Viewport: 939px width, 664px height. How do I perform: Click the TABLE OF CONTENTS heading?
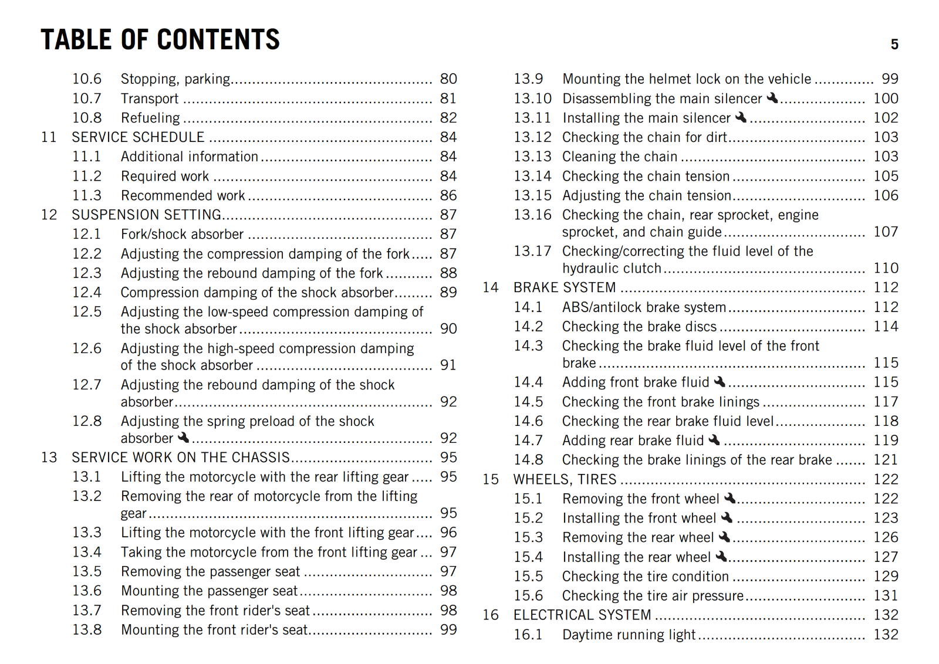(160, 40)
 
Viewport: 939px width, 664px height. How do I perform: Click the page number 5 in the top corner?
(894, 45)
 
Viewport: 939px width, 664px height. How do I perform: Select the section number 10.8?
(87, 118)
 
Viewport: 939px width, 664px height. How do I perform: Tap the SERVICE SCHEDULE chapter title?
(138, 137)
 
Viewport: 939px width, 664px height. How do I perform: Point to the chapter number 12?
(49, 215)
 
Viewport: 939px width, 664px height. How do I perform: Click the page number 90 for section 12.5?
(448, 328)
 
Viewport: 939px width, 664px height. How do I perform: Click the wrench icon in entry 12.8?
(184, 438)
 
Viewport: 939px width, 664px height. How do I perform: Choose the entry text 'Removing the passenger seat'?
(210, 571)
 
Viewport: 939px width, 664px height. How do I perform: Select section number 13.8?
(87, 629)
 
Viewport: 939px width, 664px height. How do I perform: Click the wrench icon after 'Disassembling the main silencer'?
(772, 98)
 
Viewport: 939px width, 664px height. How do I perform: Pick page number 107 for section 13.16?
(886, 232)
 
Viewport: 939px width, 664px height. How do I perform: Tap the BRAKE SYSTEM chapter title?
(565, 287)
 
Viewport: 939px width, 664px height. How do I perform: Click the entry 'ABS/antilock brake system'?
(644, 307)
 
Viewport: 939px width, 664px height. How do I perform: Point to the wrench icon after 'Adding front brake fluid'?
(720, 382)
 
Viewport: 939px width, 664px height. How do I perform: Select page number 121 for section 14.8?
(886, 460)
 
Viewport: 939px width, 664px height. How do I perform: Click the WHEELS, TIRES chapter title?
(565, 479)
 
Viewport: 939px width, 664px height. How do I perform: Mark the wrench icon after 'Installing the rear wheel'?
(721, 556)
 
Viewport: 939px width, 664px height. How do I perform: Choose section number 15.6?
(528, 595)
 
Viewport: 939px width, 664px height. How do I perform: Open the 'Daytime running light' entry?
(629, 635)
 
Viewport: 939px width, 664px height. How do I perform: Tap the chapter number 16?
(491, 615)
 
